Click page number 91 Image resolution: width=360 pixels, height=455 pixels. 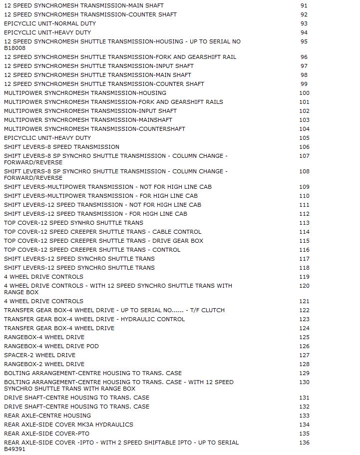pos(304,5)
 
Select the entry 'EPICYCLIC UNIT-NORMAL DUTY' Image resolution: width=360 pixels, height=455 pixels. pos(50,23)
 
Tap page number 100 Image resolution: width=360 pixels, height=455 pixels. pos(304,93)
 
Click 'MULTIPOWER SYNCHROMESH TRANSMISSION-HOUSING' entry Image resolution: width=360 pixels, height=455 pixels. pos(85,93)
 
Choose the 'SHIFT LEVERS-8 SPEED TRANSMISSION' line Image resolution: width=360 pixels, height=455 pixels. pos(61,147)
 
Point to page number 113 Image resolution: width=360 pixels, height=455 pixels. pos(304,223)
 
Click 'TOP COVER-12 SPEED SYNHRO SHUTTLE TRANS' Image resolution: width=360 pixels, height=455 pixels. pos(73,223)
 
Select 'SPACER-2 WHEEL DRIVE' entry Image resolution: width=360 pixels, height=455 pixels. pos(39,355)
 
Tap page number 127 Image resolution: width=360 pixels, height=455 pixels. pos(304,355)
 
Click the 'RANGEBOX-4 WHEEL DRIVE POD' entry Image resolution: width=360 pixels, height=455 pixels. pos(51,346)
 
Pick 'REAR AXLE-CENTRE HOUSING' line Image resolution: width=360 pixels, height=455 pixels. pos(47,416)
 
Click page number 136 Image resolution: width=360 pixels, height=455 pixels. pos(304,443)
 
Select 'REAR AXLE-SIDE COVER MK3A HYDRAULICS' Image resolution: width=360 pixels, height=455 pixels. pos(68,425)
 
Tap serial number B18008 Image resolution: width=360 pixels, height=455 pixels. pos(14,48)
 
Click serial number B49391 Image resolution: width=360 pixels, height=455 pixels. pos(14,449)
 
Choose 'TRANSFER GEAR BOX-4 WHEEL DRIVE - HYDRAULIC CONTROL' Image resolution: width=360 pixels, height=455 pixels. pos(94,319)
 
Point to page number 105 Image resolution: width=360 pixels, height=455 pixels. pos(304,138)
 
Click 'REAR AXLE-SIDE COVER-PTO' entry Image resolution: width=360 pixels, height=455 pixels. pos(46,434)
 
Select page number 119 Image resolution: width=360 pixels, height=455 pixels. pos(304,277)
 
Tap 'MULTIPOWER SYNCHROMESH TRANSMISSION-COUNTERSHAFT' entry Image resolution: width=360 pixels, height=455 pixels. pos(94,129)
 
